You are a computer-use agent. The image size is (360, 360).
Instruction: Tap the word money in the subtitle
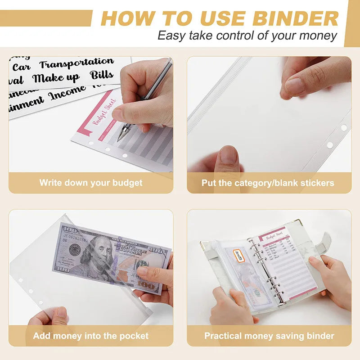click(320, 36)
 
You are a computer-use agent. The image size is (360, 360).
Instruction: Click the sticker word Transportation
click(76, 63)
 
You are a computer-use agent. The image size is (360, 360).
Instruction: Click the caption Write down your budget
click(90, 183)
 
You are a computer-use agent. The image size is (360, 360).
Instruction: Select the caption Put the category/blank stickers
click(268, 183)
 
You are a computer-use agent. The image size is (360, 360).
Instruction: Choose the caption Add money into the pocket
click(90, 336)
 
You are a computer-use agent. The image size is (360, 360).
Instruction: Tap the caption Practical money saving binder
click(269, 336)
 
